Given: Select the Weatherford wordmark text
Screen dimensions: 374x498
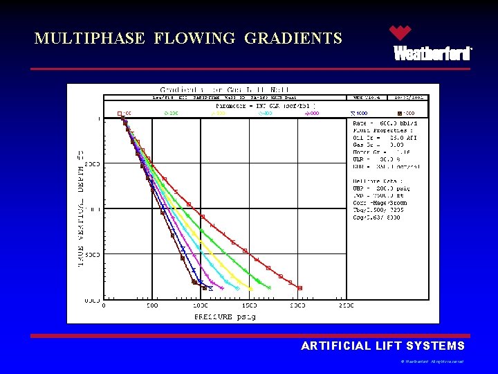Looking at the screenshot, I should click(432, 53).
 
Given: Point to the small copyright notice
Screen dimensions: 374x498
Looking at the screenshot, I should click(432, 362).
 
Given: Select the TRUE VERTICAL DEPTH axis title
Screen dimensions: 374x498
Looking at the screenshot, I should click(81, 208).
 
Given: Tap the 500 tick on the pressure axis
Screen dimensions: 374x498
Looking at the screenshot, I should click(151, 305).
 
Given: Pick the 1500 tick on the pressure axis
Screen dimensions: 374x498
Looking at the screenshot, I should click(248, 305).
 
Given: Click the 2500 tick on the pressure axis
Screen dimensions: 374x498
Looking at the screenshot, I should click(345, 305).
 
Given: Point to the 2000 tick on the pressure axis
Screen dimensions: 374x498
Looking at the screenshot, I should click(297, 305).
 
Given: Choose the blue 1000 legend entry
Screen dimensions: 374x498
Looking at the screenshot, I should click(360, 113).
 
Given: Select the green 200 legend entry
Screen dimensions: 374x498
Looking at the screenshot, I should click(171, 113).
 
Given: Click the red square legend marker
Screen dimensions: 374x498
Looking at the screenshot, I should click(120, 113).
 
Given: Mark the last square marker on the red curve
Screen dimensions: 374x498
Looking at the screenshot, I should click(300, 287).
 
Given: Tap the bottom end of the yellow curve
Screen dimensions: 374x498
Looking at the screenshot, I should click(250, 288).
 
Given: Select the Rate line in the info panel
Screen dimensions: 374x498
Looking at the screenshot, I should click(384, 123).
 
